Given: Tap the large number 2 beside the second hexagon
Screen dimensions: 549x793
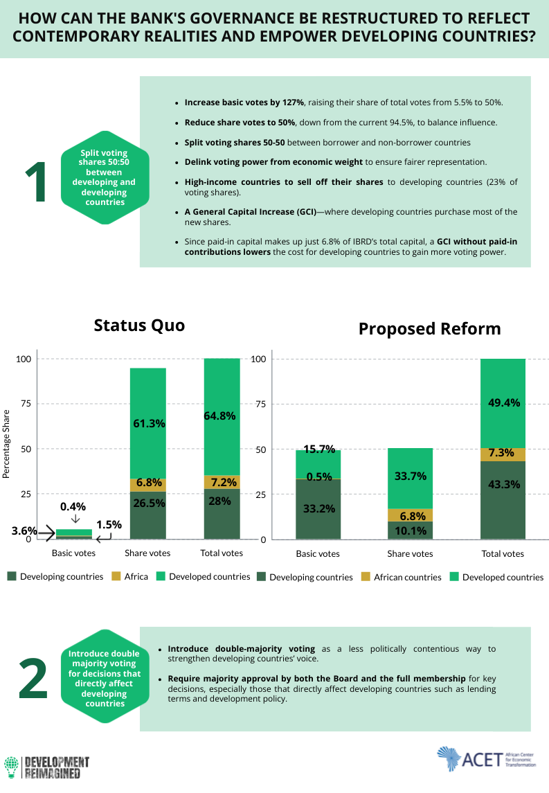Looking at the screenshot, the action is click(x=33, y=678).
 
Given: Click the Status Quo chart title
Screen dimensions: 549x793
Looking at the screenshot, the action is click(x=140, y=326).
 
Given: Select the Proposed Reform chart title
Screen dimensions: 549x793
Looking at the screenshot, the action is click(x=430, y=329).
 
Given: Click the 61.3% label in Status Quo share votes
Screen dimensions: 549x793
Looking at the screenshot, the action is click(x=149, y=423).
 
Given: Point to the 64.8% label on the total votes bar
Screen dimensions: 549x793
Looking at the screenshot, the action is click(x=220, y=416).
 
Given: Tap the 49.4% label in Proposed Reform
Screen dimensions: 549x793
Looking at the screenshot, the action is click(x=504, y=402).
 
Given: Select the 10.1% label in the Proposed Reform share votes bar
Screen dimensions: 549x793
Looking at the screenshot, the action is click(x=411, y=531).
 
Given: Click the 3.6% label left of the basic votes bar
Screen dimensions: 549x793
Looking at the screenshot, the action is click(x=24, y=531).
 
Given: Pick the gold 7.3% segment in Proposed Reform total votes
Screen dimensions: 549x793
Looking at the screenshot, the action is click(x=503, y=454).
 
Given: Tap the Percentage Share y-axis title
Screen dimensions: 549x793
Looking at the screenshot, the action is click(x=6, y=444).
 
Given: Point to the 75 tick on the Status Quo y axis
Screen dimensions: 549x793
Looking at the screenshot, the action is click(x=26, y=404).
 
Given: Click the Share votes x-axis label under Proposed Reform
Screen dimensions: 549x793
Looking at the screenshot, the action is click(x=410, y=554).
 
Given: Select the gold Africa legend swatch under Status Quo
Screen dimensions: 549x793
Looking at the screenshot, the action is click(x=116, y=576).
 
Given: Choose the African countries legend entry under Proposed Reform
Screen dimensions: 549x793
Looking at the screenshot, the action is click(x=402, y=577).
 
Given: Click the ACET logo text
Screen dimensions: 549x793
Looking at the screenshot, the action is click(x=482, y=760).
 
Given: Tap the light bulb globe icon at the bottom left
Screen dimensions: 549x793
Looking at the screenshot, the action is click(x=11, y=767).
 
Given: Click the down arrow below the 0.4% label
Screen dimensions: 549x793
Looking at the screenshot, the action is click(x=75, y=519).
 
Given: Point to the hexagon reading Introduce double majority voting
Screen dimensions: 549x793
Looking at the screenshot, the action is click(x=105, y=676).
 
